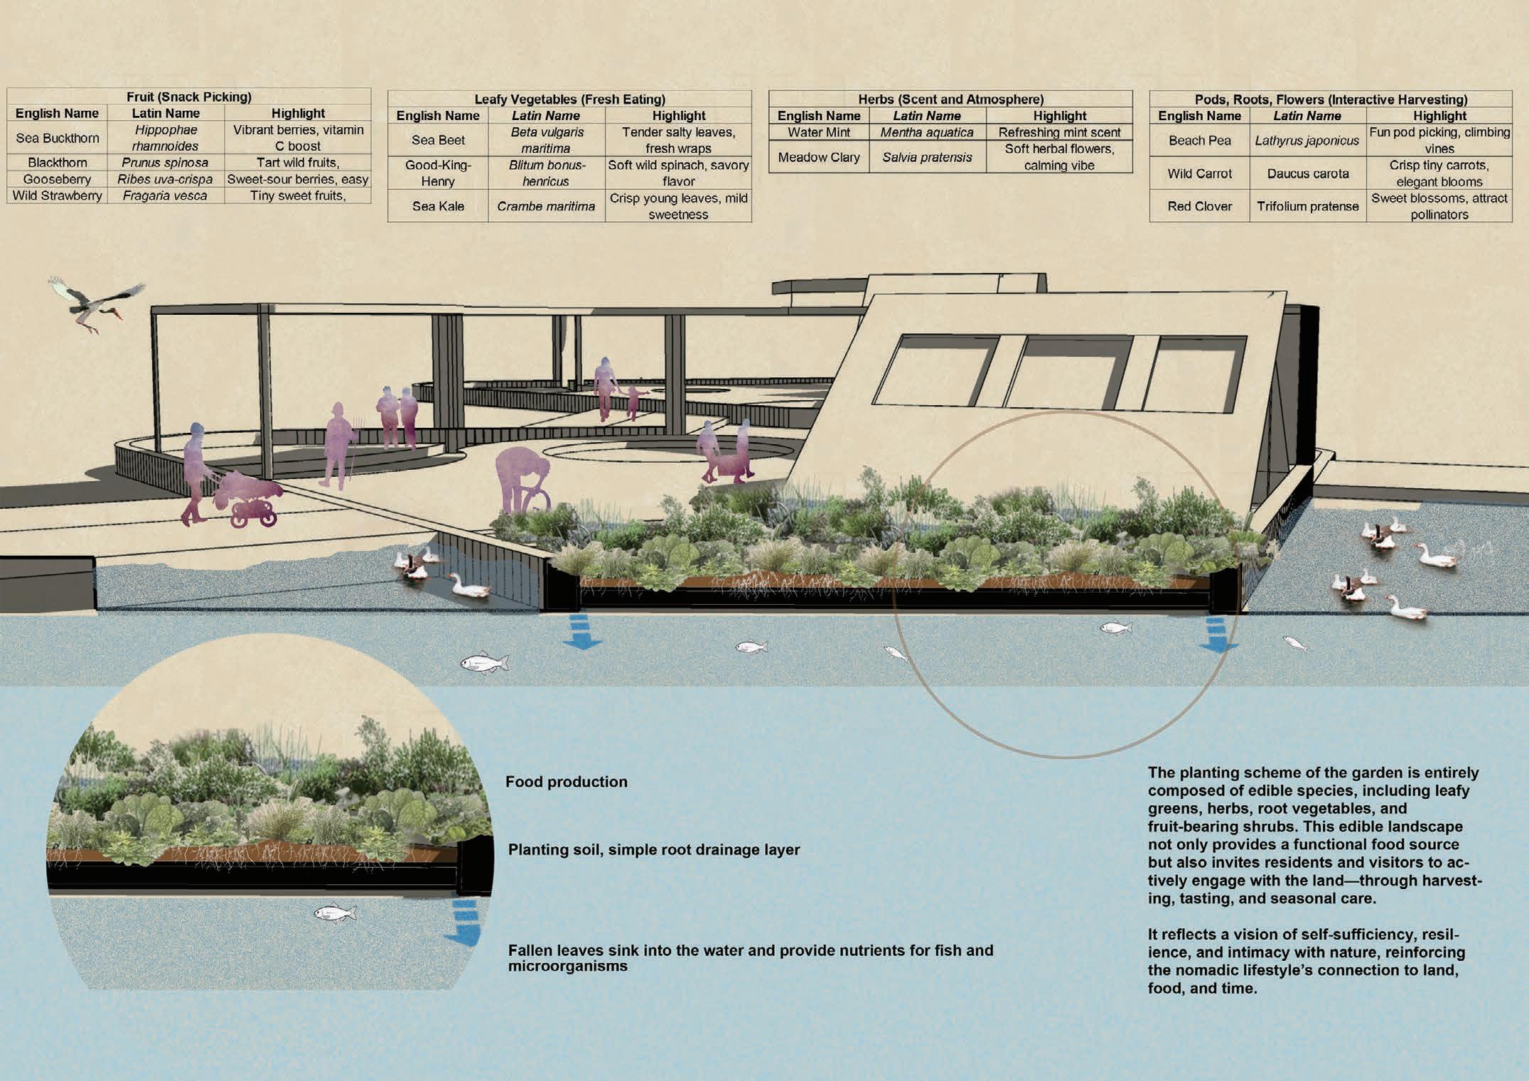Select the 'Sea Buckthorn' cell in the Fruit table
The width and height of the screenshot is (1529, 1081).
pyautogui.click(x=57, y=138)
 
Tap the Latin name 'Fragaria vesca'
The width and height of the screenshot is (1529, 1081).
pyautogui.click(x=165, y=195)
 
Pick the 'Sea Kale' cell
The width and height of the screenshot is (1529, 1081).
pyautogui.click(x=438, y=206)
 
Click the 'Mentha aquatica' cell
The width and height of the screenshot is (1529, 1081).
pyautogui.click(x=927, y=132)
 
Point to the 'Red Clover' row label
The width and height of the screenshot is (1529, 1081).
pyautogui.click(x=1199, y=206)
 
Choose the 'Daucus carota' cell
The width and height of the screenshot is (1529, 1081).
pyautogui.click(x=1307, y=173)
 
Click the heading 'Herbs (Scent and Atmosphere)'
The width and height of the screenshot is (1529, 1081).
pyautogui.click(x=950, y=100)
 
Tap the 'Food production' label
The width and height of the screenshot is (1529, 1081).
pyautogui.click(x=566, y=782)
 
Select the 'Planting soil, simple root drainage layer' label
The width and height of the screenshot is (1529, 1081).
pyautogui.click(x=653, y=849)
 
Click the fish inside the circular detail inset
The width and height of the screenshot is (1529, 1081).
pyautogui.click(x=334, y=912)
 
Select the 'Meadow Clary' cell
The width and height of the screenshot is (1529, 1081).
pyautogui.click(x=818, y=157)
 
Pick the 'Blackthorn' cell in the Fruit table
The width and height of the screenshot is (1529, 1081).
pyautogui.click(x=57, y=163)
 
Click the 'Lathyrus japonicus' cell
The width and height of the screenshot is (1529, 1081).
pyautogui.click(x=1307, y=141)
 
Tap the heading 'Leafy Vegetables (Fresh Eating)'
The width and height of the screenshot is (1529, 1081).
pyautogui.click(x=569, y=100)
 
